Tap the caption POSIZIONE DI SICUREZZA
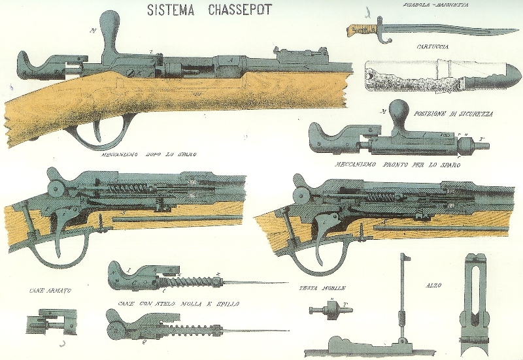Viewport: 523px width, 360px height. pyautogui.click(x=449, y=113)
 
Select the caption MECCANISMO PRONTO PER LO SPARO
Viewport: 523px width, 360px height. pyautogui.click(x=398, y=165)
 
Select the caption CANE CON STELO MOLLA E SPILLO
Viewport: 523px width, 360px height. pyautogui.click(x=178, y=303)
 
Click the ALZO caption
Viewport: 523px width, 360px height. pyautogui.click(x=433, y=286)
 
